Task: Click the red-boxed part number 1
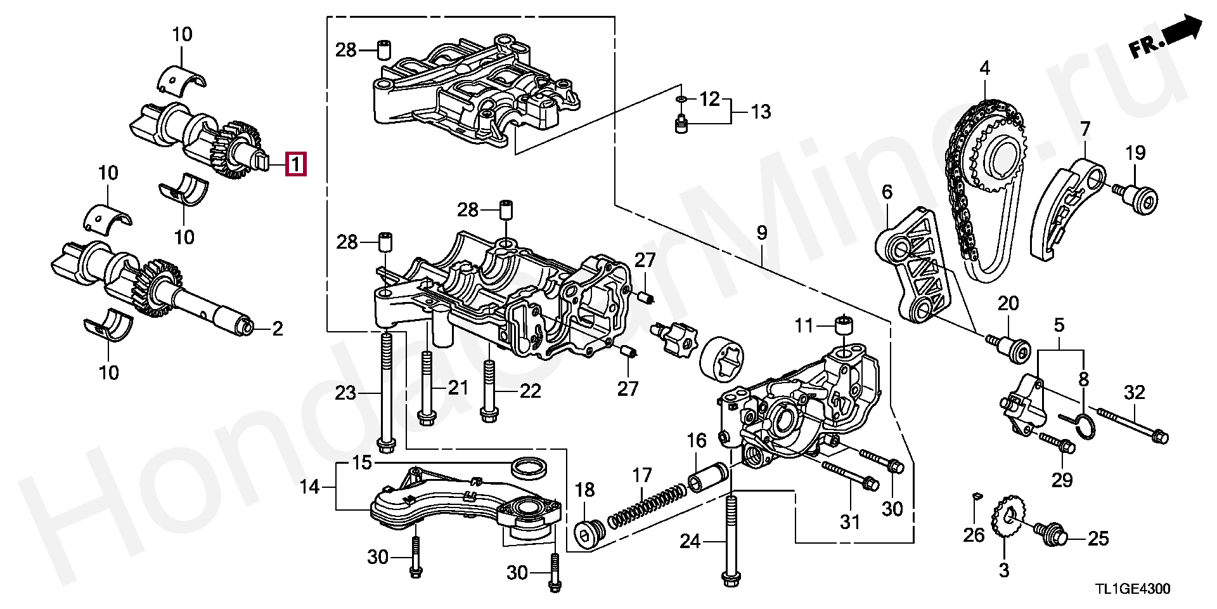click(x=296, y=164)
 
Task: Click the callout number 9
click(x=761, y=233)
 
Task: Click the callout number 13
click(x=761, y=112)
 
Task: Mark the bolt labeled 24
click(x=730, y=537)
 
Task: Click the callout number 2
click(x=278, y=329)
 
